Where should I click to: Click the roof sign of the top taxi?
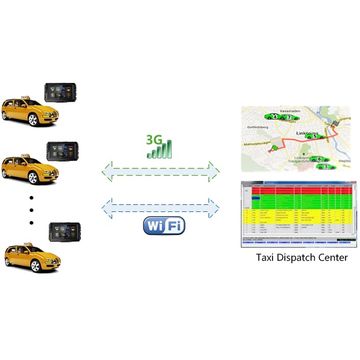click(x=21, y=92)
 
